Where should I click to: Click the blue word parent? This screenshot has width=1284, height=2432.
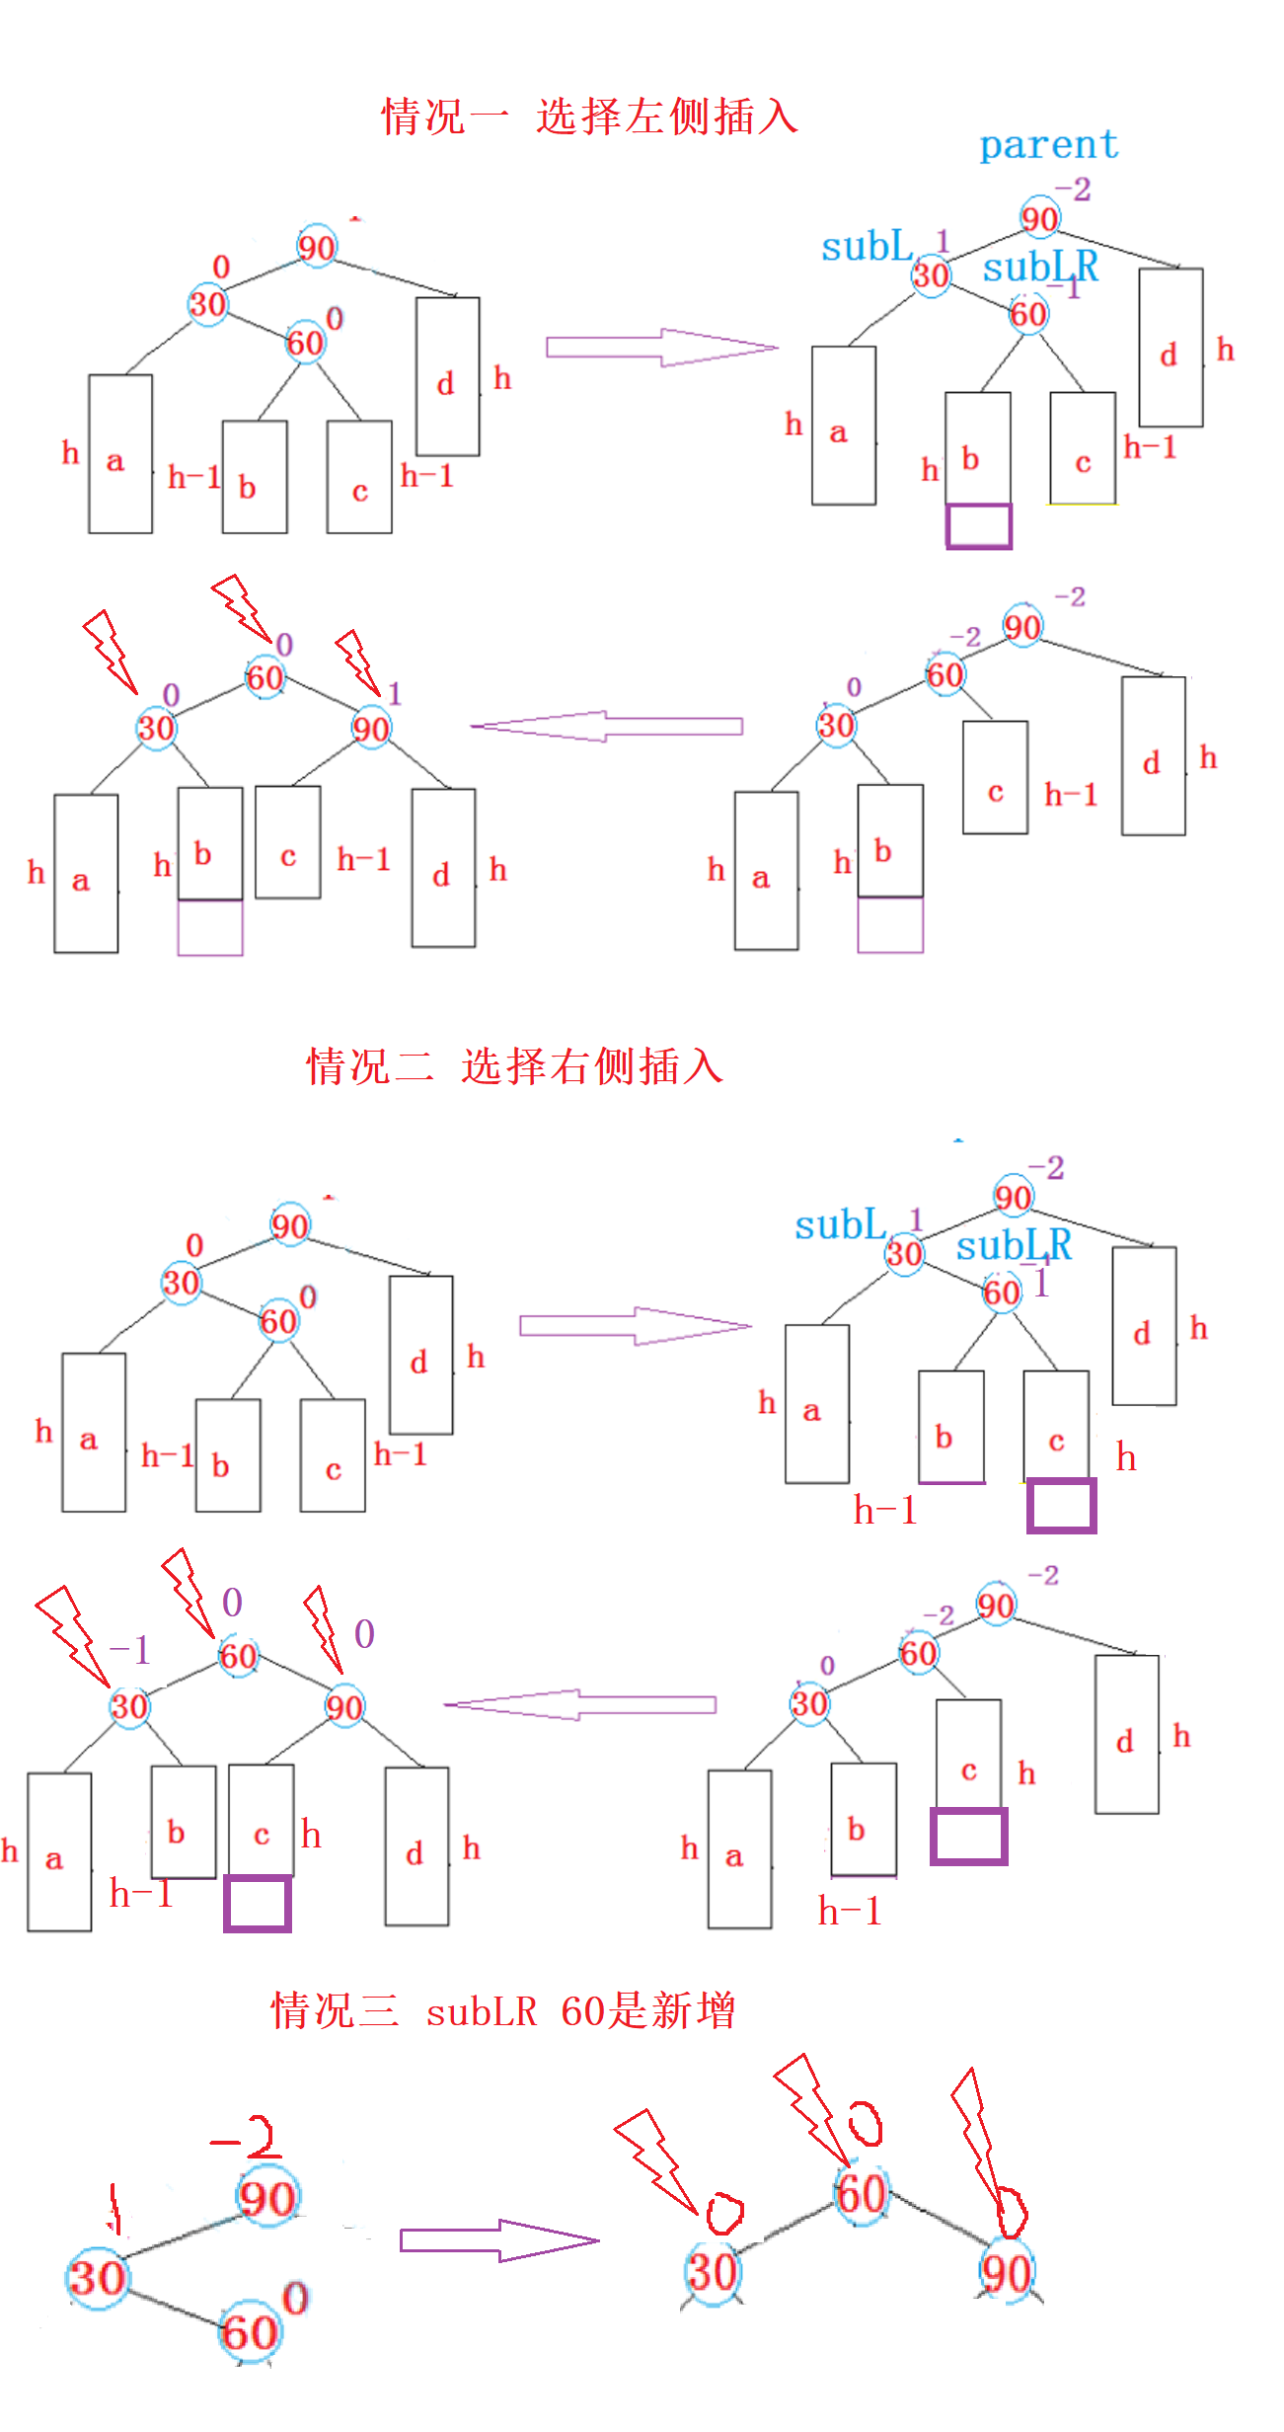(1048, 146)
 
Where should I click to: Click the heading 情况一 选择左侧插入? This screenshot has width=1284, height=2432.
(589, 117)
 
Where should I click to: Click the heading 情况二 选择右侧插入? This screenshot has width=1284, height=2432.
(514, 1066)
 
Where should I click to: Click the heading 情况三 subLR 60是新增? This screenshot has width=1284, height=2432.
(502, 2010)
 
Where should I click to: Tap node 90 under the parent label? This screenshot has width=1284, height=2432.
(1039, 218)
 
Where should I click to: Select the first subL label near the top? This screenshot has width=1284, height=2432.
(867, 247)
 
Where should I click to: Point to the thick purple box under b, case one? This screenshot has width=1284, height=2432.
(979, 525)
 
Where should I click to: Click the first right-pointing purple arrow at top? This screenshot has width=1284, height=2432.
(661, 348)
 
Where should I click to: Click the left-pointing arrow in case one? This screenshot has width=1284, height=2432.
(606, 726)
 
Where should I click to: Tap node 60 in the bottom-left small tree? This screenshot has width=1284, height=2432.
(250, 2332)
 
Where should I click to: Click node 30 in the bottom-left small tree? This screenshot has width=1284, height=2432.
(97, 2278)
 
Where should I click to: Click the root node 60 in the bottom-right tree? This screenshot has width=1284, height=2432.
(861, 2194)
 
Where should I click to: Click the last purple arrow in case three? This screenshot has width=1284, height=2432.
(498, 2240)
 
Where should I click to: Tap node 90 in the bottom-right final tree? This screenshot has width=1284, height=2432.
(1006, 2273)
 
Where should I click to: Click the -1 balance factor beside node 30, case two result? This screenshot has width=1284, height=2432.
(130, 1650)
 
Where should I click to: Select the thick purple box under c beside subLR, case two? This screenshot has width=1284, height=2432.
(1061, 1505)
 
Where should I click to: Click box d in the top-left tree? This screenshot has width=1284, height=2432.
(447, 377)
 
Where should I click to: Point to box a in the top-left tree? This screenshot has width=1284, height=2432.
(119, 454)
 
